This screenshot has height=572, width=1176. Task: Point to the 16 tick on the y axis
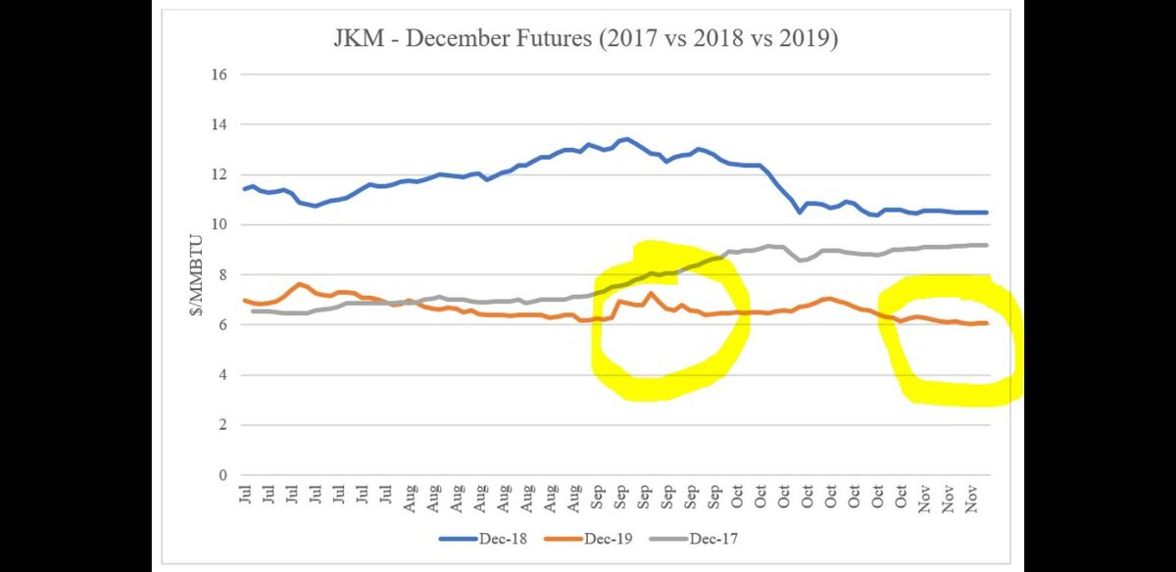[219, 74]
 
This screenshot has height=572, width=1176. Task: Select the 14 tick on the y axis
[219, 124]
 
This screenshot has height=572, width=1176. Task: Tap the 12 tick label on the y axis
[219, 174]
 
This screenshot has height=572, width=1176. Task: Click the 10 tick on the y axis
[219, 224]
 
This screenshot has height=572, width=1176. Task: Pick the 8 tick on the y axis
[222, 274]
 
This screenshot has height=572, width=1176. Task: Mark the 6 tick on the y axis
[222, 325]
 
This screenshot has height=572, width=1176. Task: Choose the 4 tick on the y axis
[222, 375]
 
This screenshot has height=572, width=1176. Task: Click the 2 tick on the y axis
[222, 425]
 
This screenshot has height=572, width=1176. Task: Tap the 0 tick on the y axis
[222, 475]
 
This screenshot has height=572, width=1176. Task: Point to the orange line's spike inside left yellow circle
[651, 293]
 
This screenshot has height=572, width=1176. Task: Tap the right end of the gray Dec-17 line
[986, 245]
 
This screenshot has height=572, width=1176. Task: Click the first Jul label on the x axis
[244, 495]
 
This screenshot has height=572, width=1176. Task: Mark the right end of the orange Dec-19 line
[986, 323]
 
